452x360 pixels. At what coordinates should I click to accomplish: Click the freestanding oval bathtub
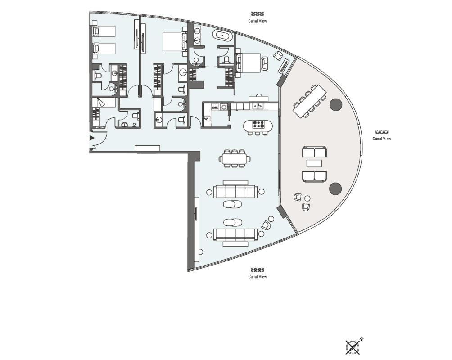tap(223, 36)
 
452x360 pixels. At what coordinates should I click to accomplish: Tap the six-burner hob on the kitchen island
tap(258, 126)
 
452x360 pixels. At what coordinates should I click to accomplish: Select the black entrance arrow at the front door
tap(92, 138)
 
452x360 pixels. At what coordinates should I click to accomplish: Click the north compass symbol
tap(353, 346)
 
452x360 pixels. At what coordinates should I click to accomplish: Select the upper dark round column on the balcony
tap(336, 105)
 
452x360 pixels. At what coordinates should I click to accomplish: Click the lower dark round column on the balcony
tap(335, 189)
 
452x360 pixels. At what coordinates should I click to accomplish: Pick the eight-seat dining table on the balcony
tap(310, 101)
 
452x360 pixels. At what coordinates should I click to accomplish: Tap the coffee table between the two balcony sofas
tap(314, 164)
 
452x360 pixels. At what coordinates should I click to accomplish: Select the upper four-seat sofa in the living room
tap(235, 192)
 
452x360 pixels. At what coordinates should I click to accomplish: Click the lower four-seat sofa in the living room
tap(235, 234)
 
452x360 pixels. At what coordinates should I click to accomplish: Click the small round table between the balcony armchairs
tap(307, 198)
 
